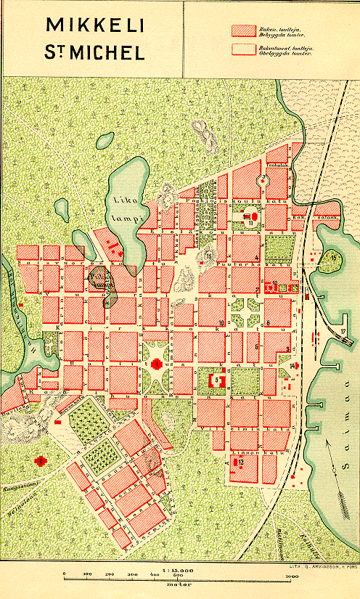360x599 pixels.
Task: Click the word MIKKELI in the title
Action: [x=95, y=25]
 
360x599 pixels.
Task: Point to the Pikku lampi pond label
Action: [x=101, y=280]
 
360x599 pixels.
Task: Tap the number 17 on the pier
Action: [x=342, y=332]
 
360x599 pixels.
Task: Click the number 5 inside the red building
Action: [x=216, y=379]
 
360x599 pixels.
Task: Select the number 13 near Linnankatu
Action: [x=240, y=461]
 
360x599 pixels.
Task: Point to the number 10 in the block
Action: [x=221, y=322]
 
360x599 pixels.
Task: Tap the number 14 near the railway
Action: [x=292, y=365]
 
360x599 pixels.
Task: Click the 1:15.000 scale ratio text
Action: [x=178, y=569]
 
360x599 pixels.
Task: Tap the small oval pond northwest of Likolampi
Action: [x=105, y=139]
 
